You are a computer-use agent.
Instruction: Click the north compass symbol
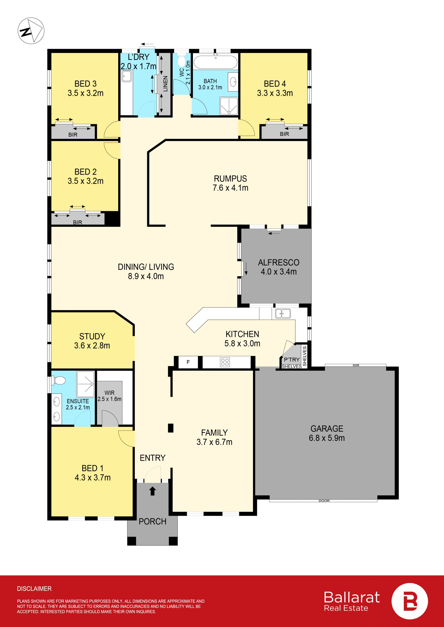31,30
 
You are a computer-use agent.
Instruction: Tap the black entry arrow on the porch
153,491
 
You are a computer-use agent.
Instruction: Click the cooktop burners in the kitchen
225,362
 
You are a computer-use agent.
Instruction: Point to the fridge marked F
188,362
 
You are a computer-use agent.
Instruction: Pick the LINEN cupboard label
165,84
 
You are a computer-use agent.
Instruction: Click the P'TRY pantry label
292,359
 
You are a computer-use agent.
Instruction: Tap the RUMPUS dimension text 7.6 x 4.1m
231,188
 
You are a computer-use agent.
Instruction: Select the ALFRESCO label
279,262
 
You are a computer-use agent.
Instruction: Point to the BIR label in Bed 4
284,134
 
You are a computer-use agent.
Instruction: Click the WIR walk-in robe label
109,393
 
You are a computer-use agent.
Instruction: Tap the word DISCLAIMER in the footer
34,588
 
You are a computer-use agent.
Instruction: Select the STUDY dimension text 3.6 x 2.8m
92,345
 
